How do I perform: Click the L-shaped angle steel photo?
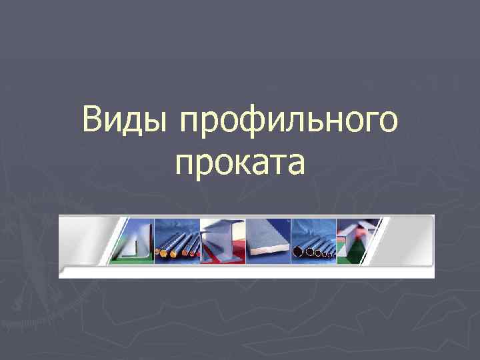point(135,240)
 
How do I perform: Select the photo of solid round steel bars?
point(177,240)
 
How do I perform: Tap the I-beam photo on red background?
point(223,240)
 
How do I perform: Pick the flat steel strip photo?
point(269,240)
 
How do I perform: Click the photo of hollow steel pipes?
point(314,240)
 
